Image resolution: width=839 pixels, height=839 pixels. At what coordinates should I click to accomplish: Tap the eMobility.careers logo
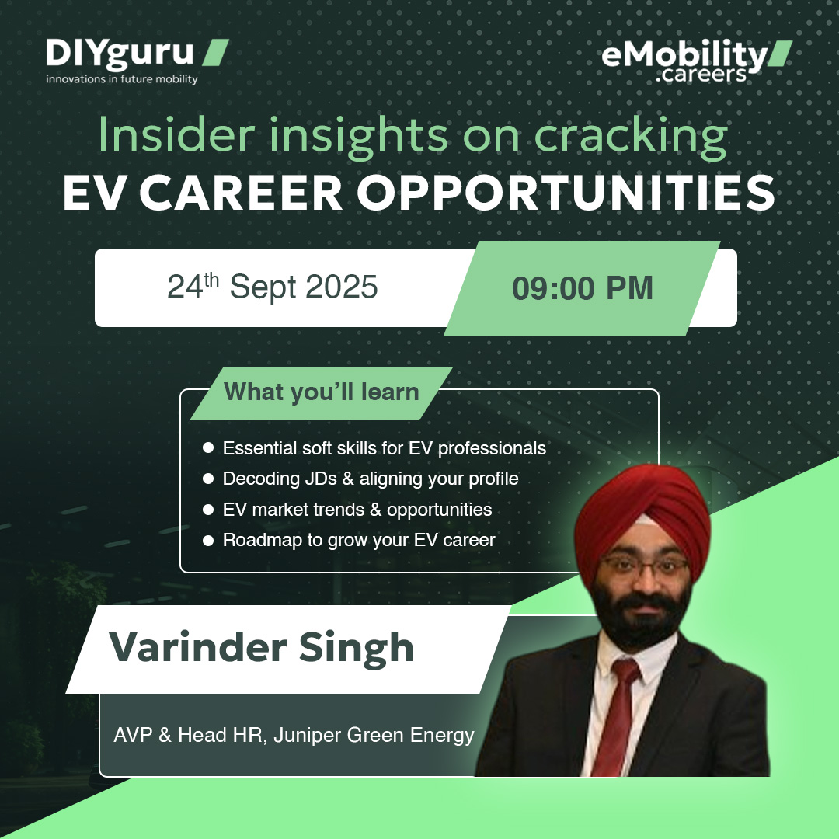click(695, 61)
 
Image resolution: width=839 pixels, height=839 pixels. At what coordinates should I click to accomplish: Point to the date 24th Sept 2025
click(273, 287)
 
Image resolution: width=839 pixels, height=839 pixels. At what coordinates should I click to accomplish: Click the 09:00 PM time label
click(582, 288)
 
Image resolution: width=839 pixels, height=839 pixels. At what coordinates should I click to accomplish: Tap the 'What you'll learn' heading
click(321, 392)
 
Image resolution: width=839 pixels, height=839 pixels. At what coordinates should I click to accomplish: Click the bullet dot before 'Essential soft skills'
click(207, 448)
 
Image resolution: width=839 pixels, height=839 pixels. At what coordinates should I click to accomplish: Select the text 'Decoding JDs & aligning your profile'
click(370, 479)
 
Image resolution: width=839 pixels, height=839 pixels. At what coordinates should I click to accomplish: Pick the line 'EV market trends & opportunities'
click(357, 510)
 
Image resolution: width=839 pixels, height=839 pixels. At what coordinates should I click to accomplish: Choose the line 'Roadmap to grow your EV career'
click(358, 540)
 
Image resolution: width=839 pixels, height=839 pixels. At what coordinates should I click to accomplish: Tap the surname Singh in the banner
click(362, 648)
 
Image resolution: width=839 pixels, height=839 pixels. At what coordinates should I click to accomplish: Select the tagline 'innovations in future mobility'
click(121, 78)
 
